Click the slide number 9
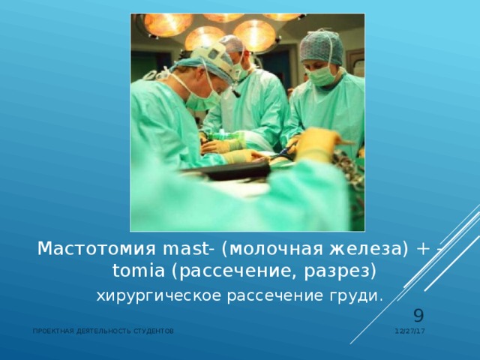[x=419, y=317]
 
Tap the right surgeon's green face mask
[x=322, y=74]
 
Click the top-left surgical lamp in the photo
[x=166, y=24]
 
